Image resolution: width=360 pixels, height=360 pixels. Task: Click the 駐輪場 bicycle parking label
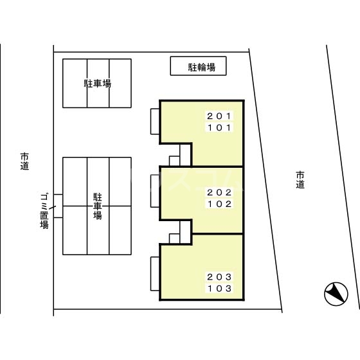tap(198, 66)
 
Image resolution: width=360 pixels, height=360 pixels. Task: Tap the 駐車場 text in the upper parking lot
tap(97, 84)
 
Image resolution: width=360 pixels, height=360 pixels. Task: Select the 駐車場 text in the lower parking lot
tap(97, 206)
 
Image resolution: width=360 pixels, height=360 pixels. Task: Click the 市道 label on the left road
tap(24, 161)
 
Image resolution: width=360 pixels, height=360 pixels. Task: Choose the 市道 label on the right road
tap(300, 179)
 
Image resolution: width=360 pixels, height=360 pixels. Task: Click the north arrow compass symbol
tap(336, 294)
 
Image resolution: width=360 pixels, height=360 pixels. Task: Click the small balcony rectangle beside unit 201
tap(155, 122)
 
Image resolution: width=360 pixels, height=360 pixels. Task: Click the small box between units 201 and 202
tap(175, 161)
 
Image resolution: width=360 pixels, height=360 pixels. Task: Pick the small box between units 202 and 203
tap(175, 239)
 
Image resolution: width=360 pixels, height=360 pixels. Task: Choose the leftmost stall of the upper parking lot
tap(75, 84)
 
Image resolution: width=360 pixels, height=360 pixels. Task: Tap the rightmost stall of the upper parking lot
tap(120, 84)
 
